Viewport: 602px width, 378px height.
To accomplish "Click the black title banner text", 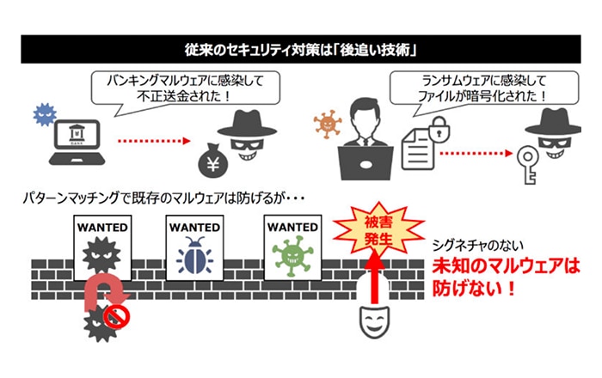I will tap(301, 48).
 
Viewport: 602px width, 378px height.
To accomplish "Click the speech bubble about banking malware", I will tap(175, 88).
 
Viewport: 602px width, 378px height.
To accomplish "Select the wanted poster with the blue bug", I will tap(194, 250).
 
